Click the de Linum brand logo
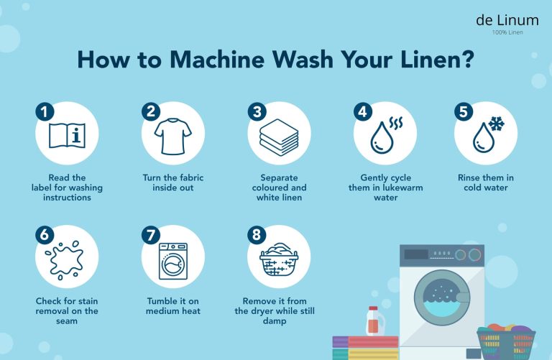click(x=507, y=21)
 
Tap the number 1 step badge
click(x=45, y=111)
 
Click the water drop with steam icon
click(x=386, y=134)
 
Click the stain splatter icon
click(x=67, y=257)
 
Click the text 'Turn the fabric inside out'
click(x=173, y=183)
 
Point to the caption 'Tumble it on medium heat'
click(x=173, y=306)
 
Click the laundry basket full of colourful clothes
click(x=506, y=341)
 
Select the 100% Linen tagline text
click(x=507, y=33)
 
